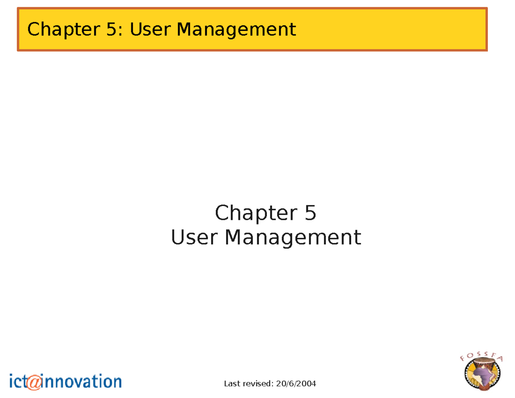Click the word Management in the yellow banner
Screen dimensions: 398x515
[236, 30]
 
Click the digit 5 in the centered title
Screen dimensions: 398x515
[310, 213]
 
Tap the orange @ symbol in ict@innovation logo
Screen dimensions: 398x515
[34, 382]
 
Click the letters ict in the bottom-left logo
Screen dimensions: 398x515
[17, 381]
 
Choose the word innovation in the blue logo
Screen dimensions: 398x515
[82, 381]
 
